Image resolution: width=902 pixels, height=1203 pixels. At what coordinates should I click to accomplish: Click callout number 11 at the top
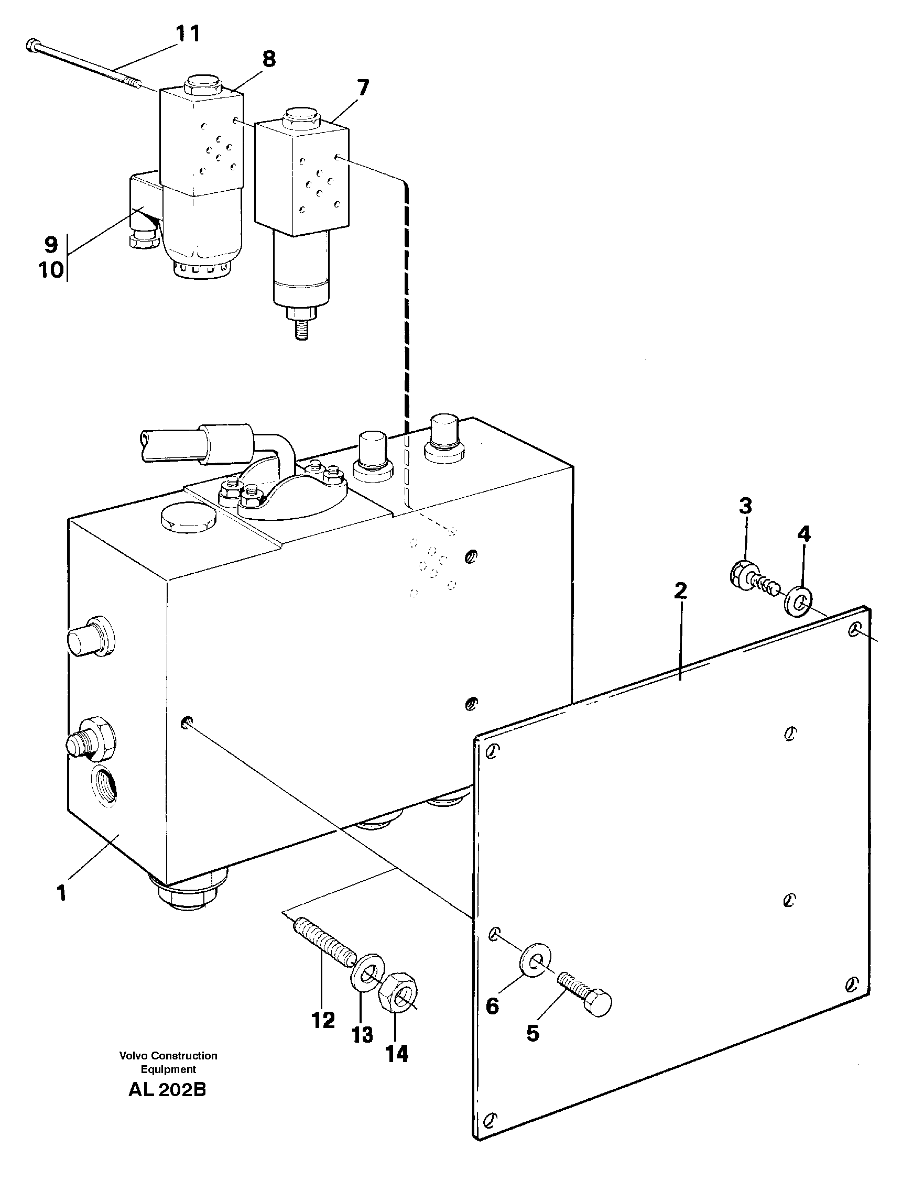[x=188, y=34]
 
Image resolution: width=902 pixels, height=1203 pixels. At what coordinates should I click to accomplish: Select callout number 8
[x=269, y=59]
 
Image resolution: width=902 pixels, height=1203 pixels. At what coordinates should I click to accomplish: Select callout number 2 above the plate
[x=680, y=590]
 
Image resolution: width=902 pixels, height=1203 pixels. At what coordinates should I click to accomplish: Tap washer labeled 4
[x=799, y=600]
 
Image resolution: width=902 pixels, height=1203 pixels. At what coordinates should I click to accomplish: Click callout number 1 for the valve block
[x=61, y=892]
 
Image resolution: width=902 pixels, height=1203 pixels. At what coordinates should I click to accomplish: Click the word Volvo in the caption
[x=133, y=1056]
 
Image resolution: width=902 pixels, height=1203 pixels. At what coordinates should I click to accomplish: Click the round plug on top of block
[x=188, y=516]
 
